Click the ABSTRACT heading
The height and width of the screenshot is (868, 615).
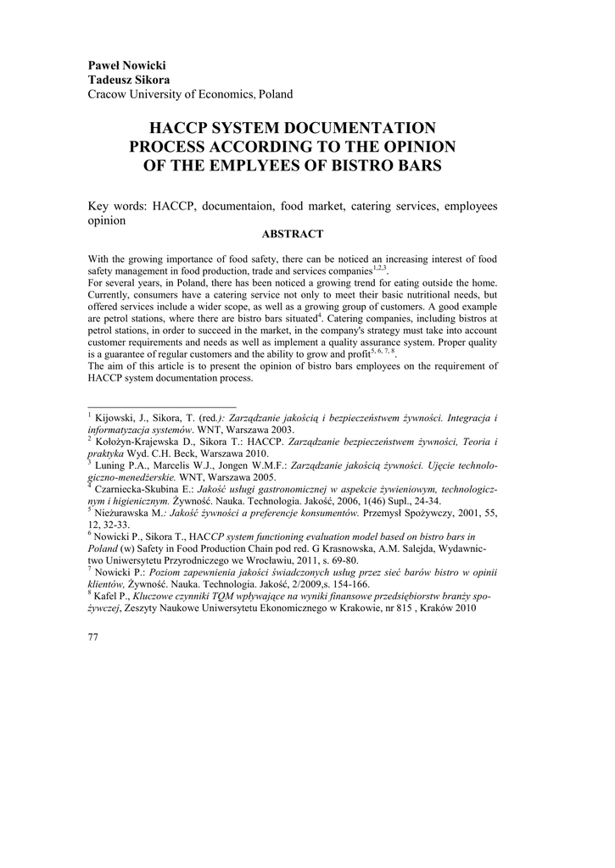click(293, 233)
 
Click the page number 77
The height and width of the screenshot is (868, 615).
click(93, 637)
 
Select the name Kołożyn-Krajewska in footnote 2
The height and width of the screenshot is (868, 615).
click(142, 442)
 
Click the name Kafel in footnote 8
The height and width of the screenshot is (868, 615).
click(108, 595)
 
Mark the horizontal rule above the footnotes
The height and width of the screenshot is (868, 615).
click(162, 407)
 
